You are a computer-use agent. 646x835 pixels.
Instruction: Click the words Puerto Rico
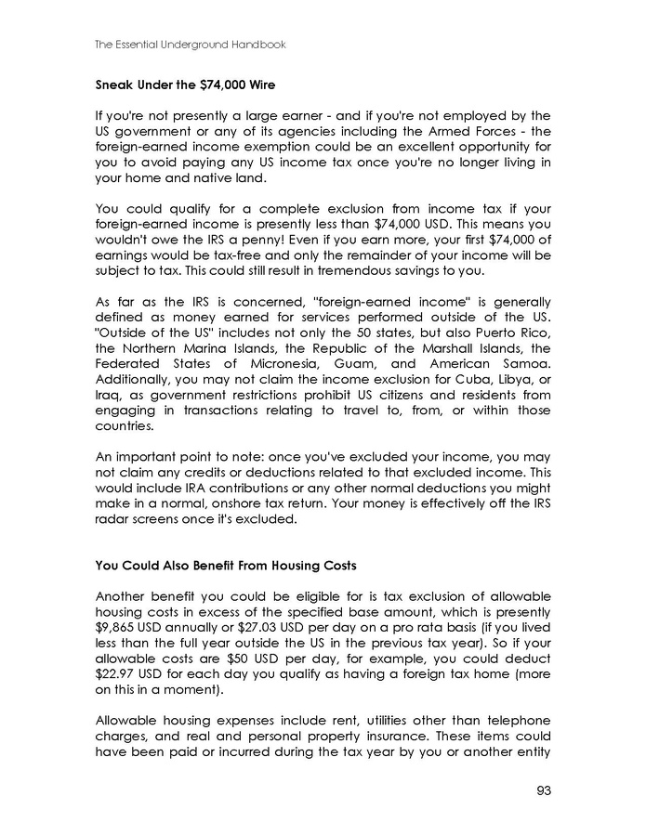coord(517,346)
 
